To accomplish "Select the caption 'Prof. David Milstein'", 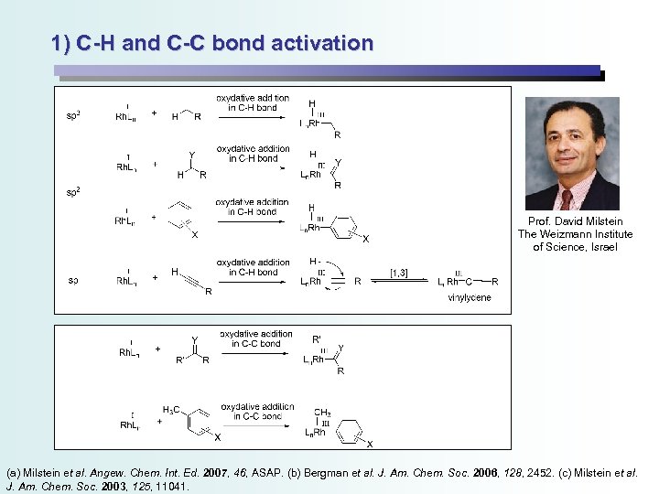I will pyautogui.click(x=575, y=221).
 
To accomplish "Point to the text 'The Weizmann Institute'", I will pyautogui.click(x=575, y=234).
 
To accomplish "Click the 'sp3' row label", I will pyautogui.click(x=72, y=115).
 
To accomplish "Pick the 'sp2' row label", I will pyautogui.click(x=72, y=192).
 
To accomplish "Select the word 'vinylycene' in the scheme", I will pyautogui.click(x=470, y=297).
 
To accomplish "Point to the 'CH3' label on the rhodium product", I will pyautogui.click(x=323, y=413).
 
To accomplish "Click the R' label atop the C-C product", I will pyautogui.click(x=317, y=339).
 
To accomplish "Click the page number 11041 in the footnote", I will pyautogui.click(x=167, y=487).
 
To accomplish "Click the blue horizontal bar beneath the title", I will pyautogui.click(x=327, y=70).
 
